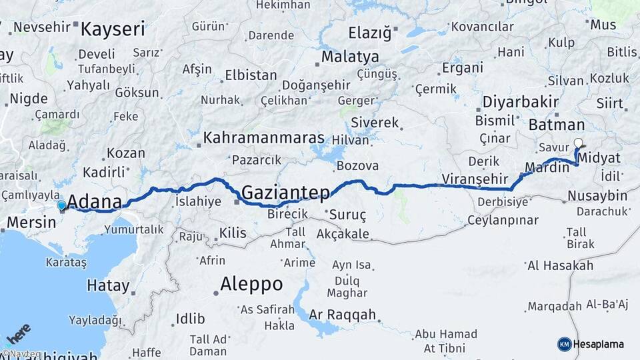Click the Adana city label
[95, 202]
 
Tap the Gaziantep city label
[285, 193]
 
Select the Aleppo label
[252, 284]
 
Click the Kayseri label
[113, 29]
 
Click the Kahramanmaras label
[264, 138]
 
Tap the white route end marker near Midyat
[578, 142]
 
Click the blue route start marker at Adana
[61, 206]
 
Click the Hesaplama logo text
[598, 344]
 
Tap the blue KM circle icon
[564, 344]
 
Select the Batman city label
[556, 125]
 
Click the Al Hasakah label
[560, 265]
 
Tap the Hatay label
[108, 286]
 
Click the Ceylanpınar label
[503, 219]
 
